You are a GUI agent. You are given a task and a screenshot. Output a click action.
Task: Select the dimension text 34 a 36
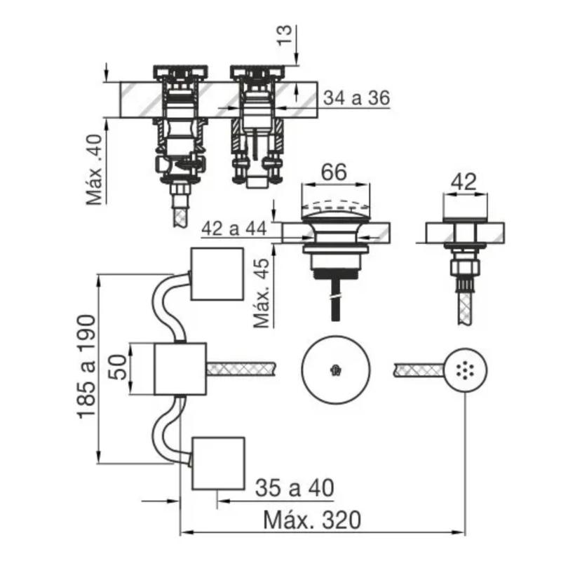tap(356, 99)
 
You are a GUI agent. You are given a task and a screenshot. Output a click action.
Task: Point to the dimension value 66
tap(334, 172)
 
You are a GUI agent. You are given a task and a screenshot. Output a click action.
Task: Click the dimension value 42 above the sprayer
tap(463, 182)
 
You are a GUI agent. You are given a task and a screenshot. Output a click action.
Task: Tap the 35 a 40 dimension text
tap(294, 487)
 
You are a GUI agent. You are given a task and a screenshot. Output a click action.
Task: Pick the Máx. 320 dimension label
tap(313, 520)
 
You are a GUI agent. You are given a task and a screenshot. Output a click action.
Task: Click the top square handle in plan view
tap(217, 273)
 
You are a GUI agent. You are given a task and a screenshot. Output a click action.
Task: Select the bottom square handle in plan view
tap(217, 463)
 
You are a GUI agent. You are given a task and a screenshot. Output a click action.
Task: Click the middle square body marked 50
tap(180, 369)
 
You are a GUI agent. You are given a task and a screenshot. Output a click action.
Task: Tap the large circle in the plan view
tap(334, 369)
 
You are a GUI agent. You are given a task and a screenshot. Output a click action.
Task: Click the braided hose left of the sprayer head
tap(419, 369)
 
